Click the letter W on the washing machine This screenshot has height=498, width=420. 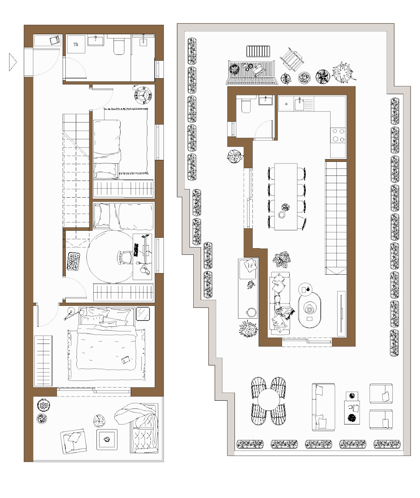tap(76, 44)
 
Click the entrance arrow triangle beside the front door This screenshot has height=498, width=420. tap(13, 62)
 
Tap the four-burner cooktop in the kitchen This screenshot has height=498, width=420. tap(338, 135)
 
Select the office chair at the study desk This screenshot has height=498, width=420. tap(125, 258)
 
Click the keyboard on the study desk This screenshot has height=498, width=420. tap(136, 250)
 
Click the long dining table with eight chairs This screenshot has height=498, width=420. tap(286, 196)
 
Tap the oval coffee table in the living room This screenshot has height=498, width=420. tap(310, 310)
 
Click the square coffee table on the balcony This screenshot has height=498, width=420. tap(107, 439)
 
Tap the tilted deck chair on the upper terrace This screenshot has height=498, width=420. tap(292, 59)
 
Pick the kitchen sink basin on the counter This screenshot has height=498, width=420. tap(299, 104)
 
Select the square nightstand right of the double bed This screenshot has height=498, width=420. tap(143, 314)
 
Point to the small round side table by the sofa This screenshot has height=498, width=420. tap(305, 289)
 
